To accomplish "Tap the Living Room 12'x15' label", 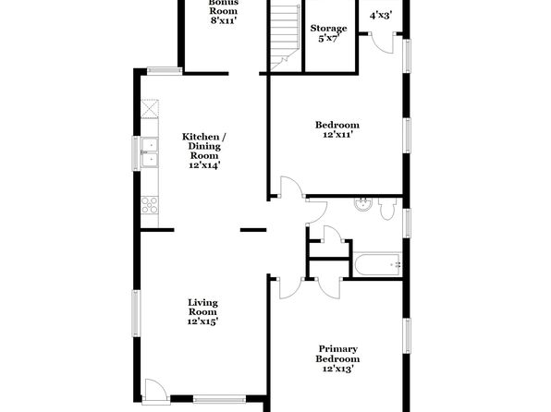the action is pos(202,311).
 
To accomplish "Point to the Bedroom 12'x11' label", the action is pos(337,129).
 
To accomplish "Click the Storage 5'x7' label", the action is pos(328,33).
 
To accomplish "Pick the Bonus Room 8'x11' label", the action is pos(223,12).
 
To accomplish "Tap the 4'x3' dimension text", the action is pos(381,15).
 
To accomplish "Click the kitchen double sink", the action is pos(150,152).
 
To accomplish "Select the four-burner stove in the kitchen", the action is pos(150,205).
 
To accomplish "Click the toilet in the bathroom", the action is pos(386,208).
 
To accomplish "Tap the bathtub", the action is pos(378,264).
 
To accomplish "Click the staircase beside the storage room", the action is pos(285,37).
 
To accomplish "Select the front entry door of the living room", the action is pos(153,389).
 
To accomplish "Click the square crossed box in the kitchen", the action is pos(150,109).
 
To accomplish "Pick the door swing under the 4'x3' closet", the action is pos(383,42).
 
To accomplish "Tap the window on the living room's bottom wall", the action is pos(219,399).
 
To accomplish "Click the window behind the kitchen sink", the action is pos(136,153).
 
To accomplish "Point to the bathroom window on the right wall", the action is pos(407,223).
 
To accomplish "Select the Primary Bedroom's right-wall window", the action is pos(407,335).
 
